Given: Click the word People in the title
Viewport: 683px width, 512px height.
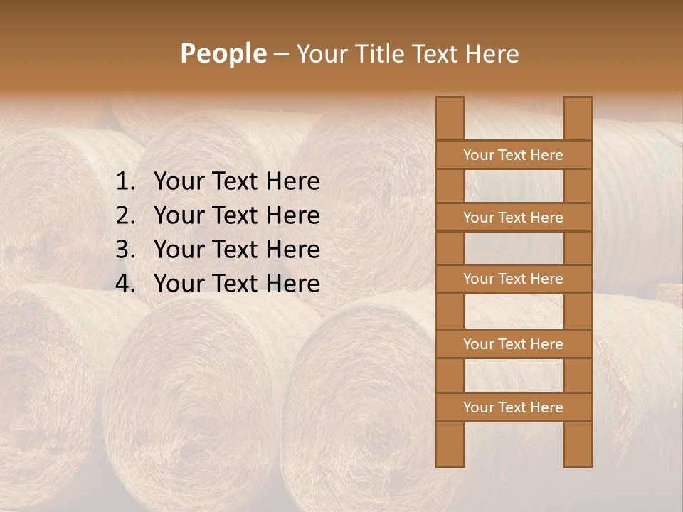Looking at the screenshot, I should coord(223,53).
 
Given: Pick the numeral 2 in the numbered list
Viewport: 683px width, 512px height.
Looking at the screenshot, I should coord(124,215).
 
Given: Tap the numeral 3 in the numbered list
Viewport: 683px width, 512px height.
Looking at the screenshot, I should coord(124,250).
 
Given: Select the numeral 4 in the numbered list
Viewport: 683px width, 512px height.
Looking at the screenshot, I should coord(124,284).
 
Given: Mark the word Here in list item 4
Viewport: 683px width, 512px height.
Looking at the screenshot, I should coord(292,284).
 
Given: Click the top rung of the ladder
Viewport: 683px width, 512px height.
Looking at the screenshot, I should coord(513,155).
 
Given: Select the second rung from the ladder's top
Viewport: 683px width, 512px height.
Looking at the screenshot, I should coord(513,218).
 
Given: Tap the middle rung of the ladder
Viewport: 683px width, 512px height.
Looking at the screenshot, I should coord(513,279).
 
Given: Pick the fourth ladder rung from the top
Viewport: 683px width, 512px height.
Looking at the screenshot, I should coord(513,344).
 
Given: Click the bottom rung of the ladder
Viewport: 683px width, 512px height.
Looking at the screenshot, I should coord(513,407).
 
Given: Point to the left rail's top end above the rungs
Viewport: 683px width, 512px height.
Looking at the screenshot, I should coord(450,118).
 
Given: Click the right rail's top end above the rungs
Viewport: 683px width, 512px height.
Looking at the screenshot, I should coord(578,118).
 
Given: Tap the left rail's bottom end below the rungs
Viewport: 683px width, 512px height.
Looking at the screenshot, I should coord(450,444).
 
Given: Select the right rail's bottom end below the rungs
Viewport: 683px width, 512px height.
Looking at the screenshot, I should coord(578,444).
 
